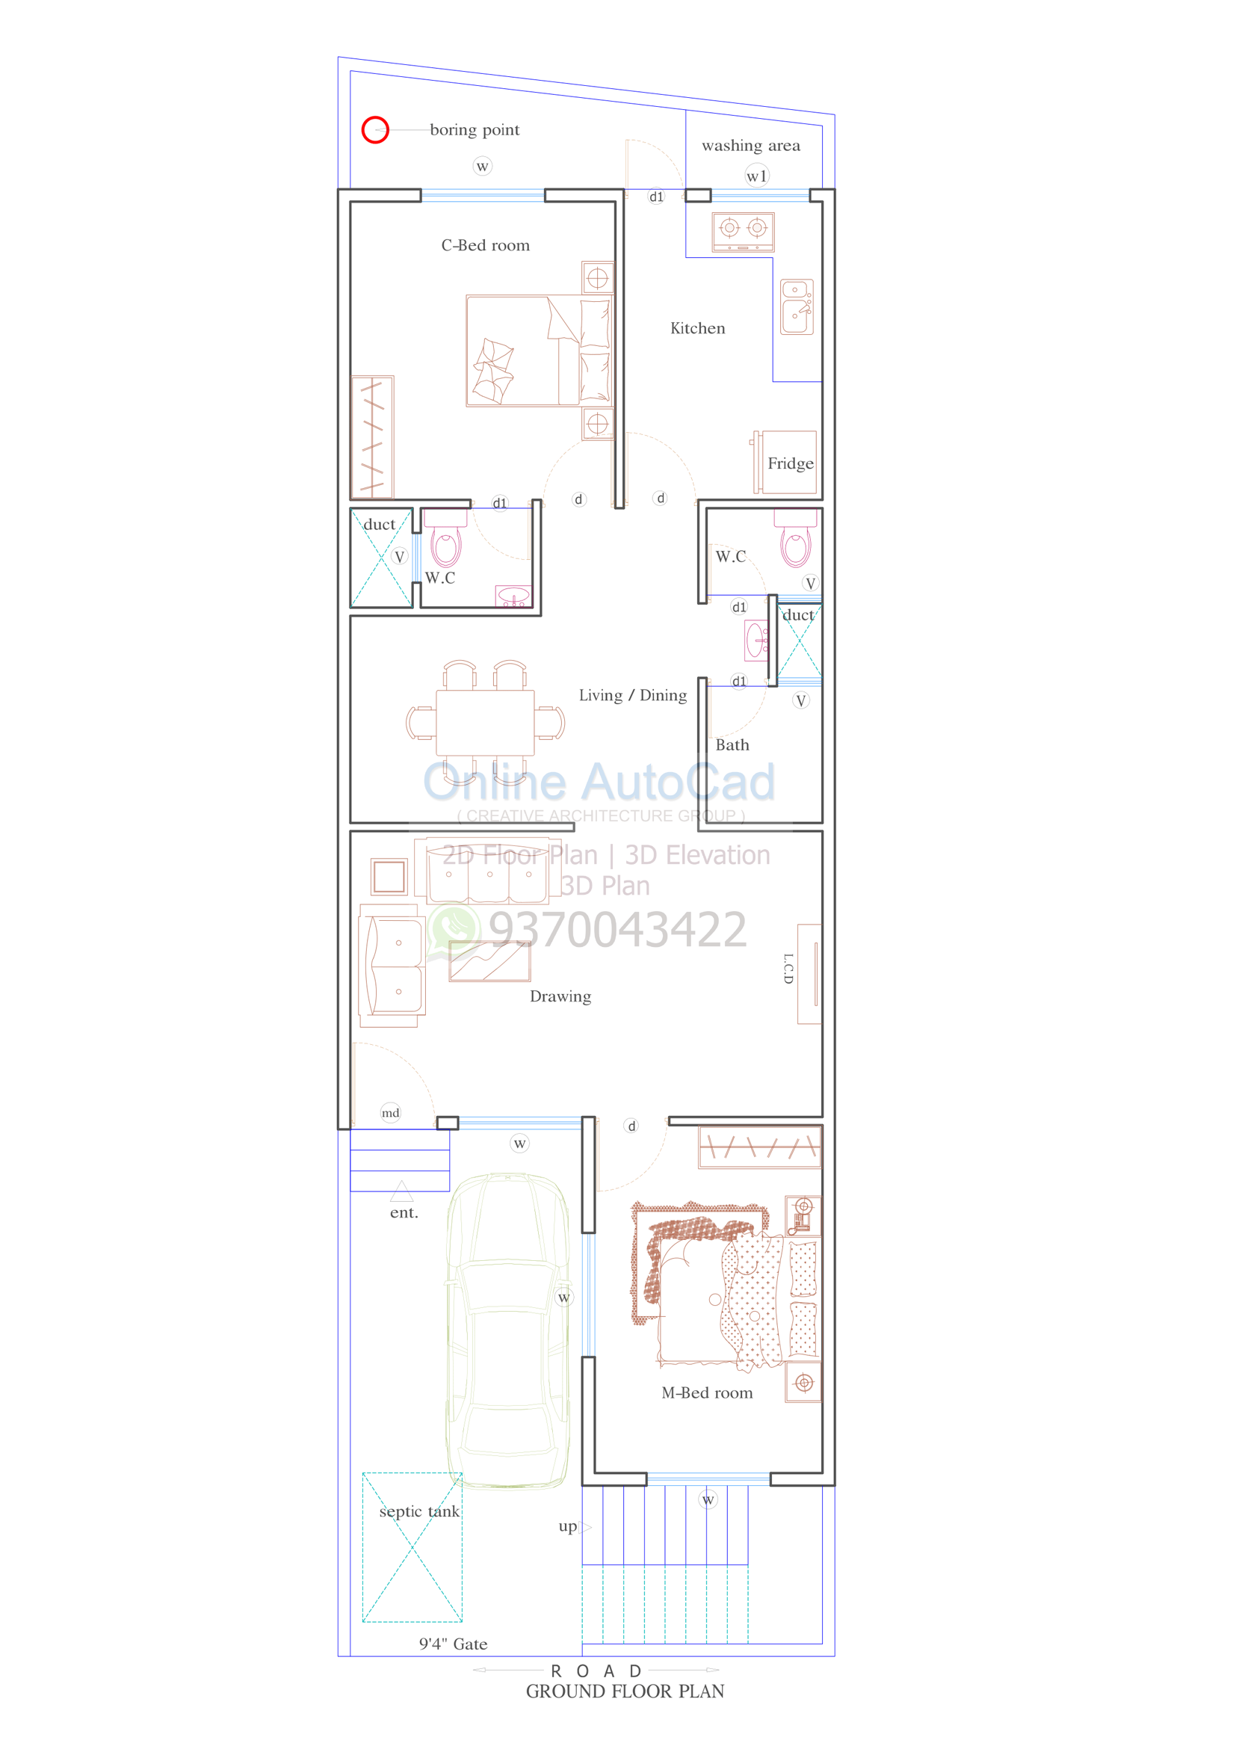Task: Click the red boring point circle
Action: (x=362, y=130)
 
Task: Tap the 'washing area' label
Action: (x=751, y=146)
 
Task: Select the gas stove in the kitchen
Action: (x=744, y=232)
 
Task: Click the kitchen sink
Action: (x=797, y=307)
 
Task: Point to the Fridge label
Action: (x=791, y=463)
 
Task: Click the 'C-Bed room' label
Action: (x=485, y=245)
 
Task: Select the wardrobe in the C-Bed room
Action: (x=372, y=437)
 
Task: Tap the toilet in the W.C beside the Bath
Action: (x=795, y=539)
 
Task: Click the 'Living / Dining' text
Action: (x=633, y=695)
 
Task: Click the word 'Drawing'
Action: (x=560, y=996)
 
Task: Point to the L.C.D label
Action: (x=788, y=968)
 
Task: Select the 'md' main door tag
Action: (x=391, y=1113)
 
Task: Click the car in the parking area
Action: (x=508, y=1330)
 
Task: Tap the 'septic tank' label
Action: (x=420, y=1511)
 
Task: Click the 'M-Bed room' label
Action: (x=707, y=1392)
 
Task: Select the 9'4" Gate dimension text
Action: (x=453, y=1644)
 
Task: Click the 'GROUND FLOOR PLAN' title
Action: (x=625, y=1691)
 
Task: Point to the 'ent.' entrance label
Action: (x=404, y=1213)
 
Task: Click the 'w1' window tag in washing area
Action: (x=757, y=176)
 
